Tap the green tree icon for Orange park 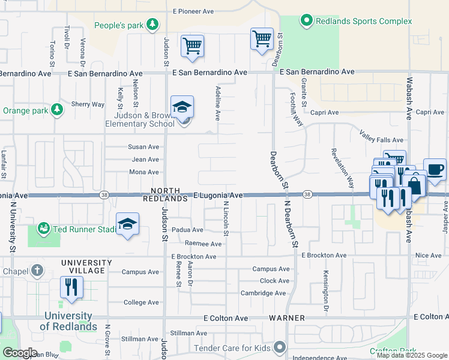pyautogui.click(x=56, y=109)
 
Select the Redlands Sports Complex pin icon pyautogui.click(x=307, y=22)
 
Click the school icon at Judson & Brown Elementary pyautogui.click(x=182, y=107)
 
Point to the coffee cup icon pyautogui.click(x=434, y=169)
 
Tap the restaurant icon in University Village pyautogui.click(x=72, y=287)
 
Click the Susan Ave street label pyautogui.click(x=143, y=146)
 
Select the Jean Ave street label pyautogui.click(x=145, y=160)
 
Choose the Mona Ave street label pyautogui.click(x=144, y=172)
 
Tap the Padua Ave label pyautogui.click(x=188, y=230)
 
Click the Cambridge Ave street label pyautogui.click(x=263, y=293)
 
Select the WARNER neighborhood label pyautogui.click(x=287, y=317)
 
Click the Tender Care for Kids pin pyautogui.click(x=280, y=347)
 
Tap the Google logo pyautogui.click(x=20, y=353)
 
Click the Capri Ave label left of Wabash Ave pyautogui.click(x=324, y=112)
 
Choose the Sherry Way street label pyautogui.click(x=88, y=104)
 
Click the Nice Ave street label pyautogui.click(x=428, y=256)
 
